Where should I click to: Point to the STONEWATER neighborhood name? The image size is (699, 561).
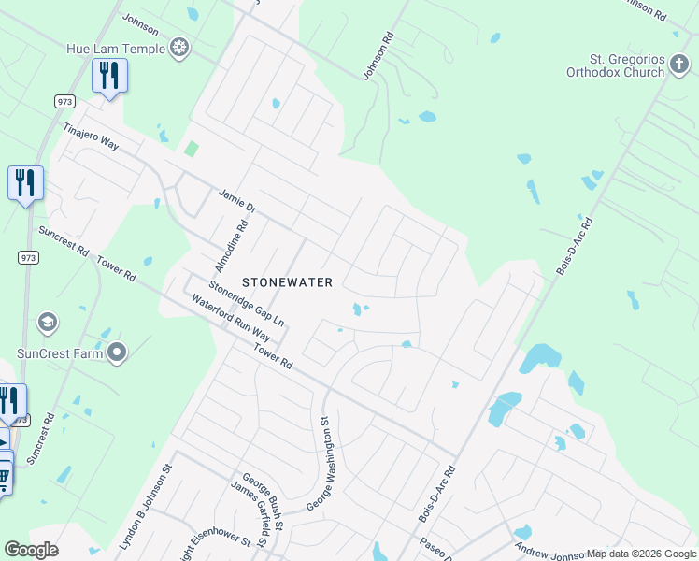coord(288,280)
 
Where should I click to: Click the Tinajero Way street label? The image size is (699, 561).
coord(91,137)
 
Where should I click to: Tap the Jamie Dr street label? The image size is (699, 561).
coord(236,200)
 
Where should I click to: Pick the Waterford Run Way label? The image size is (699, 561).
coord(231,319)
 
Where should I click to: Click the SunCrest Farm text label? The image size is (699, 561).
coord(59,353)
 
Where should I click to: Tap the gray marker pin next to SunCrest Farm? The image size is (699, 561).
coord(117,352)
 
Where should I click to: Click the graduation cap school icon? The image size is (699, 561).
coord(46,324)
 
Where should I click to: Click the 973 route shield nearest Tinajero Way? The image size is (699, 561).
coord(64,100)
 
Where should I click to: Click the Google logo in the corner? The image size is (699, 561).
coord(31,550)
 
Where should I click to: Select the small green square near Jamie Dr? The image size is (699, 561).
coord(191,148)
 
